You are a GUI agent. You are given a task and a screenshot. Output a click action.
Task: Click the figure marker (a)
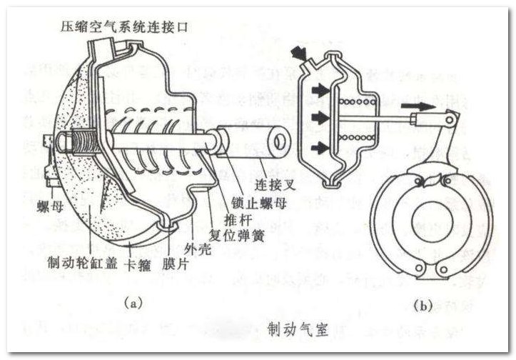[131, 303]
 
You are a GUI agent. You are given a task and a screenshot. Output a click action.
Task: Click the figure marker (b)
[422, 305]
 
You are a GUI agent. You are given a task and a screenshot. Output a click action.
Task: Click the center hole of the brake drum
[431, 223]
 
